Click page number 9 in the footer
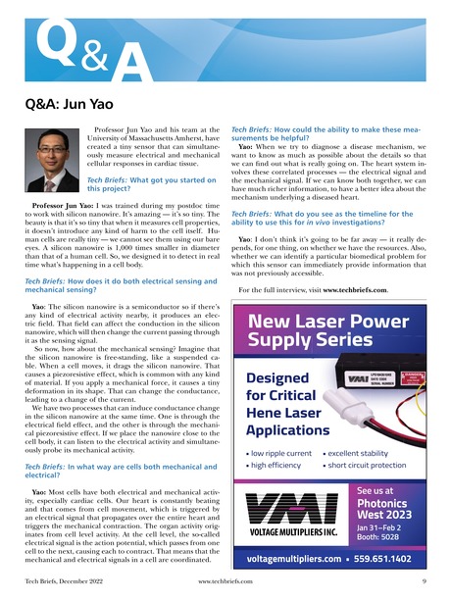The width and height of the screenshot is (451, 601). pyautogui.click(x=422, y=582)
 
